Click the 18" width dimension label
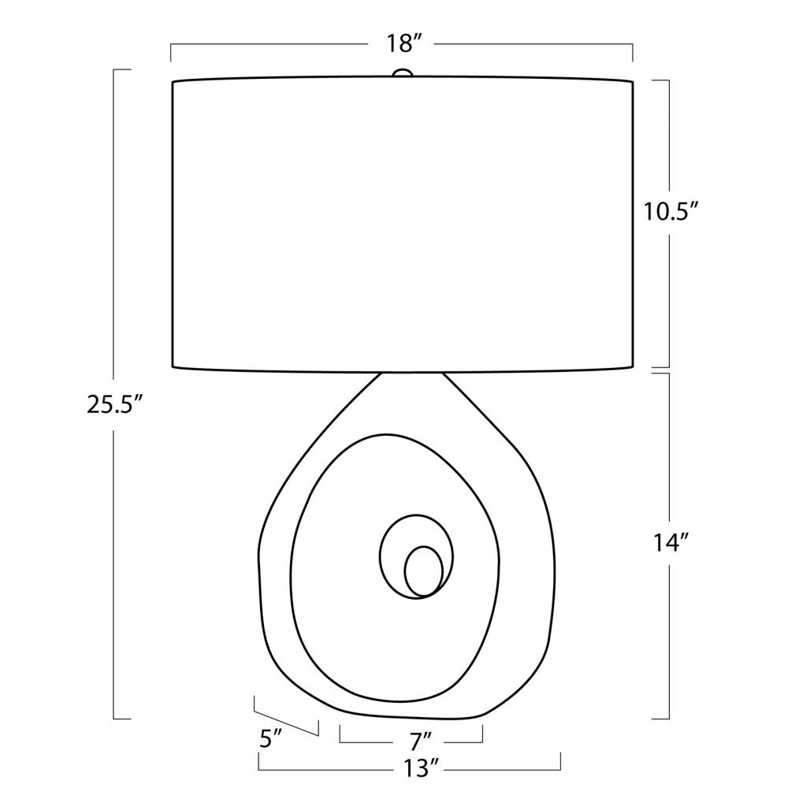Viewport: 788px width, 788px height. click(x=402, y=43)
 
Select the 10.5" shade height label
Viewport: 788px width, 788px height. click(x=672, y=211)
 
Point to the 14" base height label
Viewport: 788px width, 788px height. click(x=671, y=543)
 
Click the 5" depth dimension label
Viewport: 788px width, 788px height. click(x=271, y=739)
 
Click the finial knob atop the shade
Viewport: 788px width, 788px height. click(x=402, y=73)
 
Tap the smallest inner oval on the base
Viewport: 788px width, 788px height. click(x=424, y=571)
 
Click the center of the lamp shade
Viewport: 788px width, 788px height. click(x=402, y=225)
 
